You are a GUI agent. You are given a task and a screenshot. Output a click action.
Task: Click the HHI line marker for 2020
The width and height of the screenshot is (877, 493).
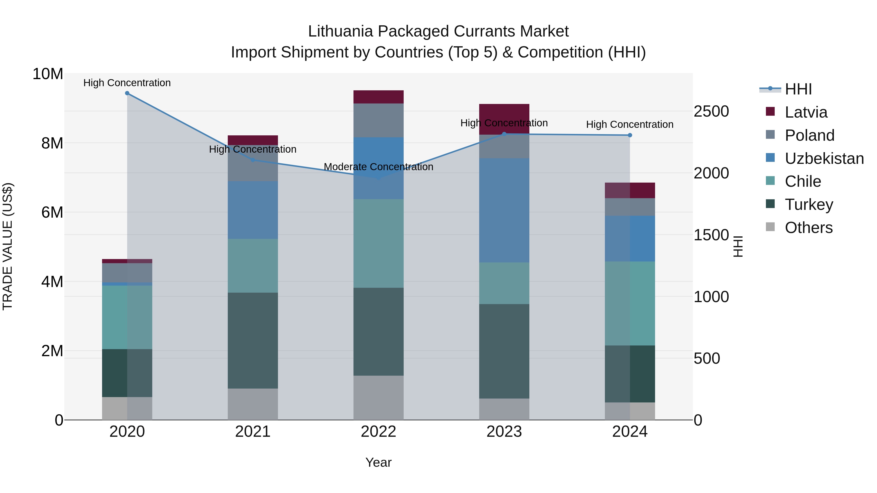pyautogui.click(x=127, y=93)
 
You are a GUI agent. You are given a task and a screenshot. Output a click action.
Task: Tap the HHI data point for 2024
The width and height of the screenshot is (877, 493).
pyautogui.click(x=630, y=135)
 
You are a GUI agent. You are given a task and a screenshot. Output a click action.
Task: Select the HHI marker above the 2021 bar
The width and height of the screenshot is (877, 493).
pyautogui.click(x=253, y=160)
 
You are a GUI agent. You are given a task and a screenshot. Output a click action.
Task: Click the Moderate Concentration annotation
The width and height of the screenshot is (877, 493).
pyautogui.click(x=378, y=167)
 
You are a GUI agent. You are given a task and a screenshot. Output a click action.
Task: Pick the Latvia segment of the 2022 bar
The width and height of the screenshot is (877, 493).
pyautogui.click(x=378, y=97)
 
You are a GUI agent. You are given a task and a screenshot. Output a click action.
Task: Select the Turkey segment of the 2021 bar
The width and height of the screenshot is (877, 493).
pyautogui.click(x=253, y=340)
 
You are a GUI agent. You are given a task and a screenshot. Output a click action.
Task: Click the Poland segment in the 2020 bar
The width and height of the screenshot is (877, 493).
pyautogui.click(x=127, y=272)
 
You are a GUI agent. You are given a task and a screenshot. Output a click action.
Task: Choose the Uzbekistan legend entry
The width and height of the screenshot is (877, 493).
pyautogui.click(x=824, y=158)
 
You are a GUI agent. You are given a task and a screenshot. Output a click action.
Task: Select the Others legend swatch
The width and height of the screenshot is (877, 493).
pyautogui.click(x=770, y=227)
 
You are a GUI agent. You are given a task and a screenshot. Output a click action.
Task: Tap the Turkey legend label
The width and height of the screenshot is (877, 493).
pyautogui.click(x=809, y=205)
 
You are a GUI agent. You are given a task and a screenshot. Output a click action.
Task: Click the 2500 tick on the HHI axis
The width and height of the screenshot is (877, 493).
pyautogui.click(x=711, y=112)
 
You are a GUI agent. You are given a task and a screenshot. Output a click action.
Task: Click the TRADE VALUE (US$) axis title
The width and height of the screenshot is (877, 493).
pyautogui.click(x=8, y=246)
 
